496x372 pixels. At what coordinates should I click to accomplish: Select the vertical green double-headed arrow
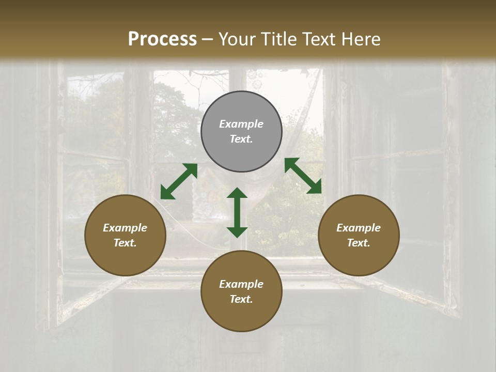[237, 212]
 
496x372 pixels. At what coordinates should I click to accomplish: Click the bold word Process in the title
[162, 39]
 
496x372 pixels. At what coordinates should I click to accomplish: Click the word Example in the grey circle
[241, 124]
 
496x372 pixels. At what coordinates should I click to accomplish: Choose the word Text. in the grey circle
[241, 139]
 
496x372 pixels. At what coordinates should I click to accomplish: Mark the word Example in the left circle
[125, 228]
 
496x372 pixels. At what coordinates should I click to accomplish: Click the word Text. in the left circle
[125, 243]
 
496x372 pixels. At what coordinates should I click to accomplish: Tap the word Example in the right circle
[359, 228]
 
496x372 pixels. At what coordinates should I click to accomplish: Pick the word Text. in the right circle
[359, 243]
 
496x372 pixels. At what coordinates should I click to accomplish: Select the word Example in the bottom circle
[241, 284]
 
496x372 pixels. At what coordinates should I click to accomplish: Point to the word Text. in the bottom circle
[241, 299]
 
